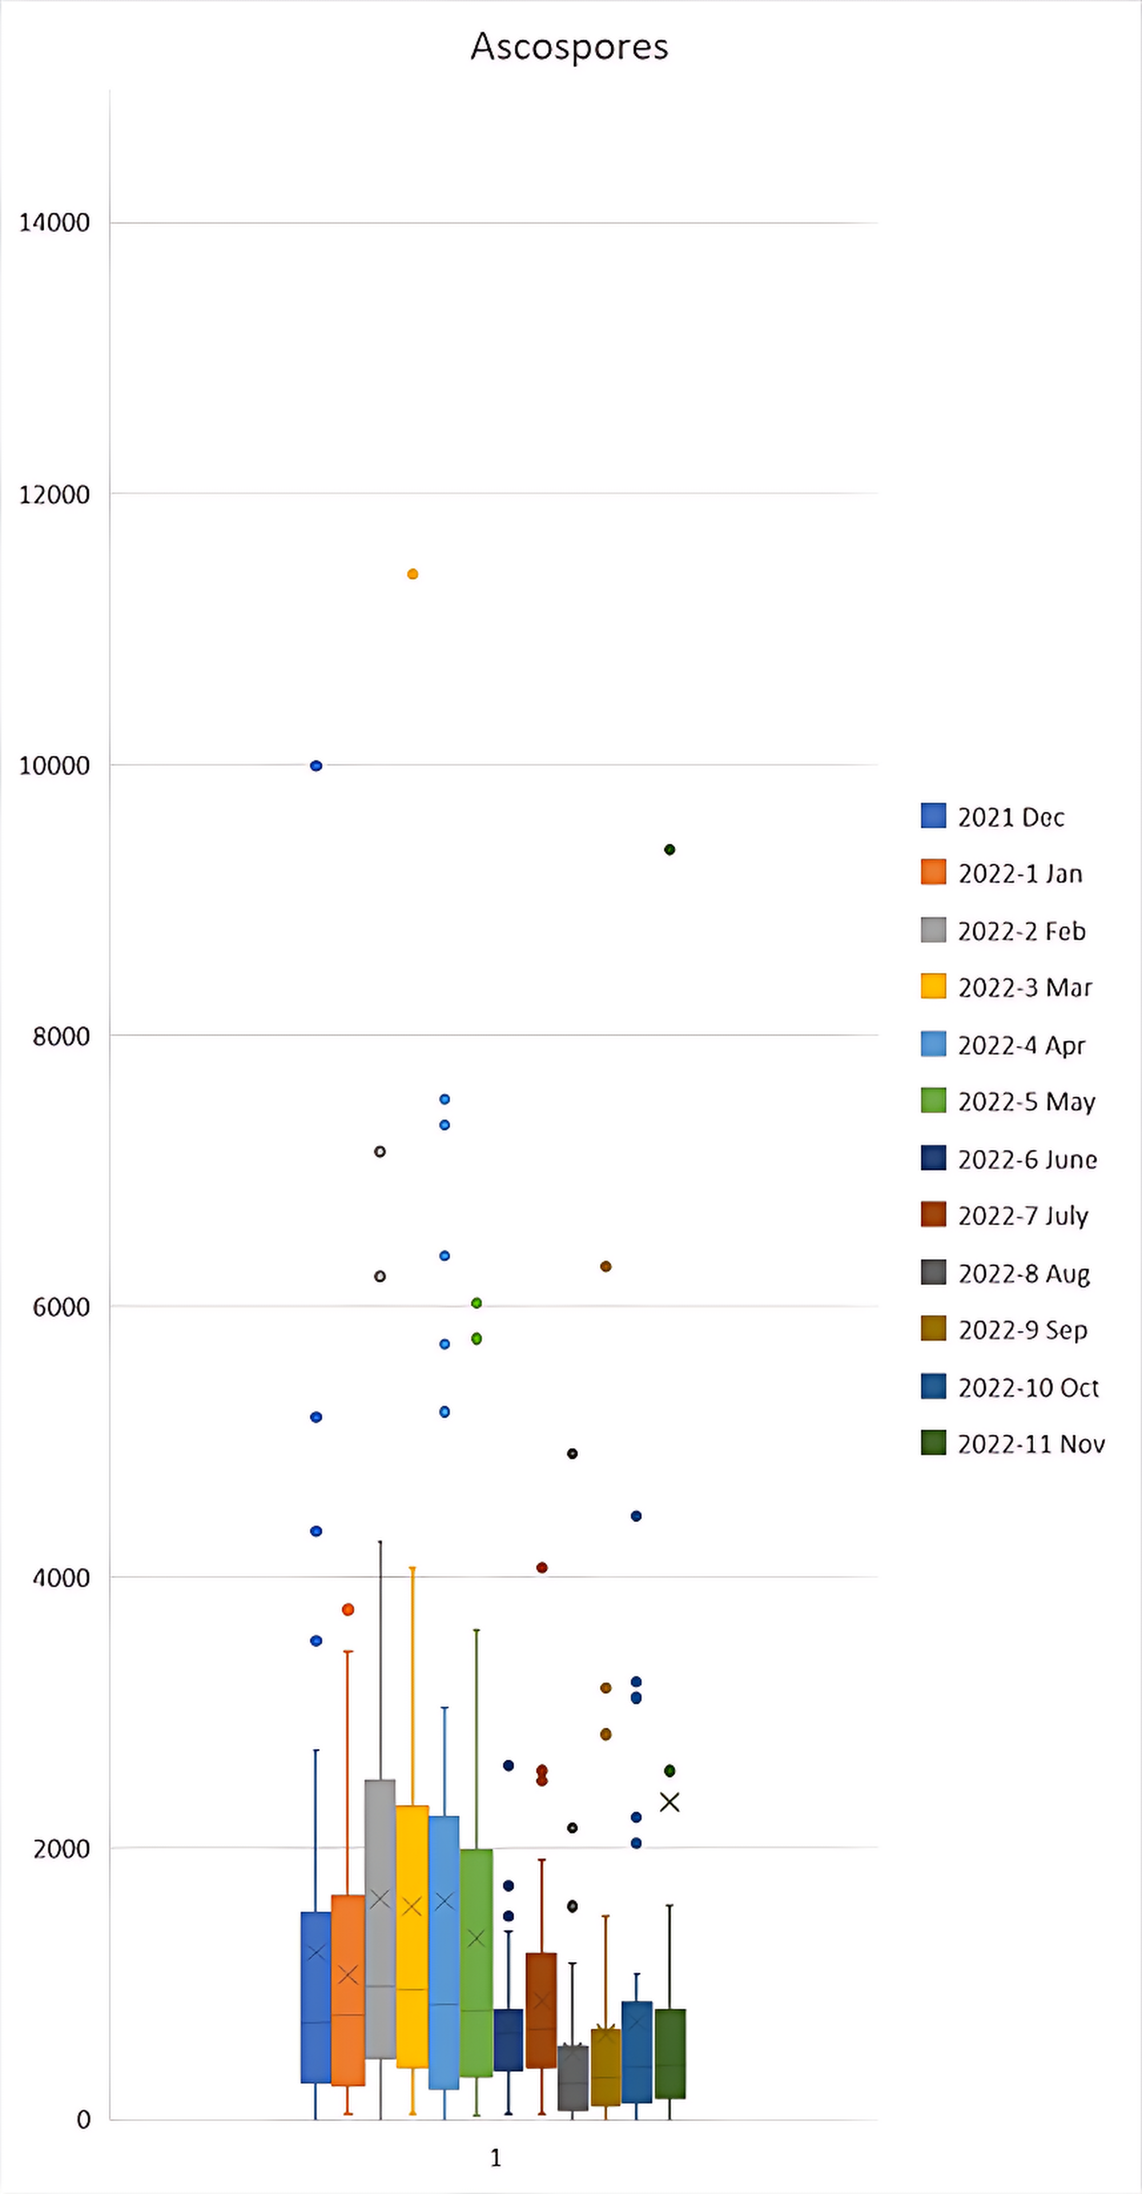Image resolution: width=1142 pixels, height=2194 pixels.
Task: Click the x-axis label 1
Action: [496, 2157]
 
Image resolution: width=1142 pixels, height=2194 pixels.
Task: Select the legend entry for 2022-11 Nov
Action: [1031, 1444]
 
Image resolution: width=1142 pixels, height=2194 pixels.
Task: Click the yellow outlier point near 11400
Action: [412, 574]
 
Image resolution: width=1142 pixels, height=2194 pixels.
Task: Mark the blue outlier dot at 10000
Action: [316, 766]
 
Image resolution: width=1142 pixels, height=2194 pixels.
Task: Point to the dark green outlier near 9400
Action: [669, 849]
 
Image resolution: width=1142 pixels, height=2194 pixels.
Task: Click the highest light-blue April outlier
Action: [445, 1100]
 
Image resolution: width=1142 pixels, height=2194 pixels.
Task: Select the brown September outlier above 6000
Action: [606, 1267]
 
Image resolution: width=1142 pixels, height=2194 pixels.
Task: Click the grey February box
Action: [380, 1916]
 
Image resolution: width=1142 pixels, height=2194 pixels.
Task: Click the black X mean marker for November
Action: [669, 1802]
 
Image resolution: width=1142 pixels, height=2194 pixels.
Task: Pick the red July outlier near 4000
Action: [542, 1567]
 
